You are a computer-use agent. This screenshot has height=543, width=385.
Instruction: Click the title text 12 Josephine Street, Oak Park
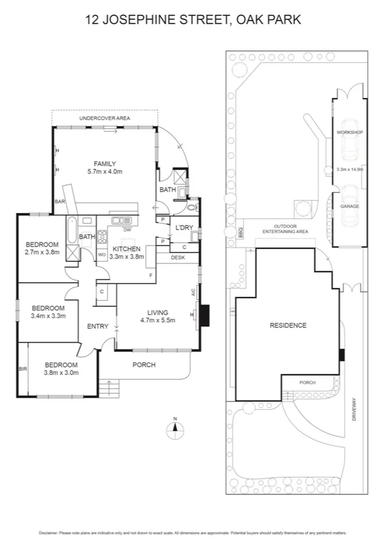[193, 20]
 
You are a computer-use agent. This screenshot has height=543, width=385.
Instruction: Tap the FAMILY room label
[104, 164]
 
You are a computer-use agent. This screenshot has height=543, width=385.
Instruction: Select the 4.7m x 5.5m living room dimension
[157, 320]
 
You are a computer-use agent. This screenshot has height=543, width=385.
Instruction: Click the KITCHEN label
[126, 248]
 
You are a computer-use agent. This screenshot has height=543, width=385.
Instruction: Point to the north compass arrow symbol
[174, 429]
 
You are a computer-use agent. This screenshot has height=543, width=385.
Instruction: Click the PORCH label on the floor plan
[143, 365]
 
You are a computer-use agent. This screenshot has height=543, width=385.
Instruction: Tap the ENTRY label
[97, 327]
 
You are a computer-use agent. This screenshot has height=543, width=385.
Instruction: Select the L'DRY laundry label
[184, 228]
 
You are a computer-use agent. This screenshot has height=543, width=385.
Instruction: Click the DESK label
[177, 257]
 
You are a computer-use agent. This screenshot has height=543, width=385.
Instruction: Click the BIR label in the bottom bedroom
[23, 369]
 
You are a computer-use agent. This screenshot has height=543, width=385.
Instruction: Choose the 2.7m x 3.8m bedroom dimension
[42, 252]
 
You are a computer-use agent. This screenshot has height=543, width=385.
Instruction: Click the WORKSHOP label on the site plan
[350, 132]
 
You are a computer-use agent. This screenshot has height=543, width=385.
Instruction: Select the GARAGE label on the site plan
[350, 207]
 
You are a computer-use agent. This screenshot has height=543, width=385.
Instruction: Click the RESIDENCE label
[288, 325]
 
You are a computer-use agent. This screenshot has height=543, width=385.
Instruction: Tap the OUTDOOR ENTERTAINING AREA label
[291, 229]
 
